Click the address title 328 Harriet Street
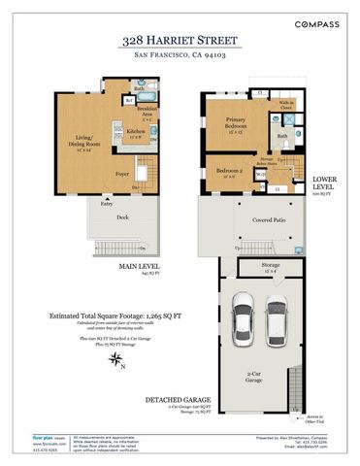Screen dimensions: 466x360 (x=180, y=41)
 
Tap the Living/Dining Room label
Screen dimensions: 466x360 (x=77, y=144)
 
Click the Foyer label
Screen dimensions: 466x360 (x=123, y=175)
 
